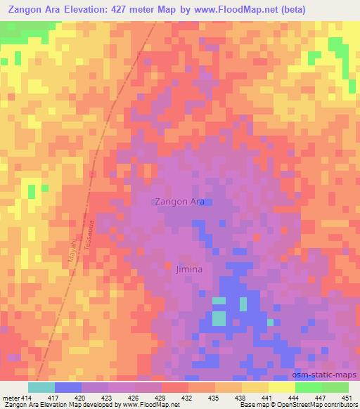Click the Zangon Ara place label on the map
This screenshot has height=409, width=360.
tap(179, 202)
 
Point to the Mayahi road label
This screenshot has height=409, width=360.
tap(71, 251)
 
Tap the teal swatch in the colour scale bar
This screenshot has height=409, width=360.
tap(41, 387)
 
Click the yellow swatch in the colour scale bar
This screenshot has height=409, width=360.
tap(282, 387)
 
